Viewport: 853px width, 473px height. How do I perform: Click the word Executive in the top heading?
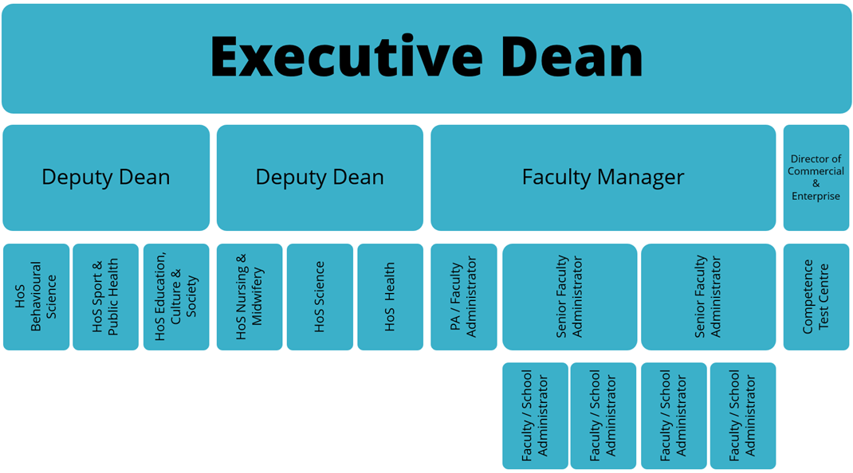347,56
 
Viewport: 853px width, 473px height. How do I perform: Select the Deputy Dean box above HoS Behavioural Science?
106,178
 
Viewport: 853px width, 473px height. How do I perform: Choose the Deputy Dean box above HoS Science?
320,178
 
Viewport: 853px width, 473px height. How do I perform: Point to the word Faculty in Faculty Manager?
556,178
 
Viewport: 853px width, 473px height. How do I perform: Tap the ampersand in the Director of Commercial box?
816,184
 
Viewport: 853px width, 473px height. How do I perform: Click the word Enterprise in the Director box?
816,196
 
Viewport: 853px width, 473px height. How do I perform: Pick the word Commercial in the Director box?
816,171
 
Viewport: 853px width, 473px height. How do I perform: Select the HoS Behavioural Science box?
37,297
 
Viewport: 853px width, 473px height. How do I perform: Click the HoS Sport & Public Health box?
105,297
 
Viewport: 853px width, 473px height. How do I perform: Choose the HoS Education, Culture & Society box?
176,297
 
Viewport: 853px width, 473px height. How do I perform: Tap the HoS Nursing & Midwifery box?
250,297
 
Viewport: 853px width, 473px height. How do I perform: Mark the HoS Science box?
320,297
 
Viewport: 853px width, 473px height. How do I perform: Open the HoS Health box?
390,297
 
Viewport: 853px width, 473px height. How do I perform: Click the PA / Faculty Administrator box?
464,297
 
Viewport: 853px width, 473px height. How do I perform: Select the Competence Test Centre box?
816,297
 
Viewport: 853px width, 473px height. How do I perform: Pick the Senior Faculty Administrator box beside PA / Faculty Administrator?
569,297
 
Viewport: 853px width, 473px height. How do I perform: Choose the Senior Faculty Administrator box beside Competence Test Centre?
708,297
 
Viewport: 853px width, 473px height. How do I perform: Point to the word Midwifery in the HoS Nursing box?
257,297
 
